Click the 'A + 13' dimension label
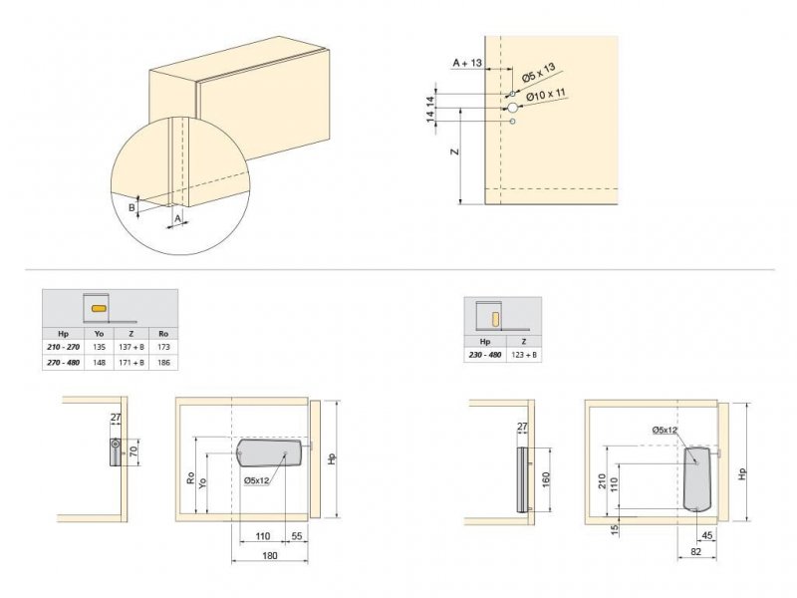(467, 63)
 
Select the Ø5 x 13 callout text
(539, 73)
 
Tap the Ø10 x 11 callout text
(546, 95)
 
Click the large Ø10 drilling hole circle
(512, 108)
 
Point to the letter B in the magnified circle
(132, 207)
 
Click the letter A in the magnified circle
(178, 217)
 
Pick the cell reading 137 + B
(132, 347)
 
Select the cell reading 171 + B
(132, 363)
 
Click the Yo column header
(99, 334)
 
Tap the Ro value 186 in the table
(163, 363)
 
